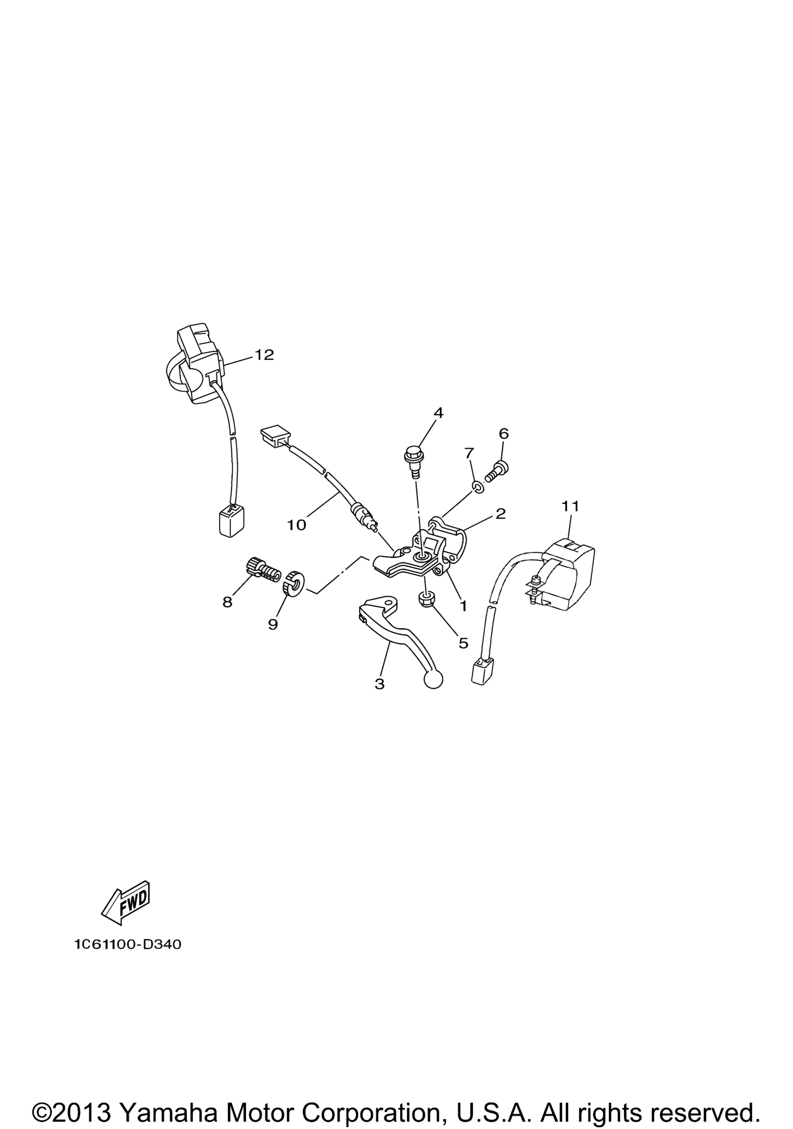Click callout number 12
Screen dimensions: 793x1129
pyautogui.click(x=264, y=355)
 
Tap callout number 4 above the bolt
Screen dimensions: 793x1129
pyautogui.click(x=438, y=413)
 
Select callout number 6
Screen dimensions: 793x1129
pyautogui.click(x=503, y=433)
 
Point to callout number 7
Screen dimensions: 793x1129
pyautogui.click(x=469, y=452)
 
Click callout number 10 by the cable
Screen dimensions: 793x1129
pyautogui.click(x=297, y=525)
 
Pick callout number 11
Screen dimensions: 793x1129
pyautogui.click(x=571, y=506)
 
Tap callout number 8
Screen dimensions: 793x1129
pyautogui.click(x=227, y=602)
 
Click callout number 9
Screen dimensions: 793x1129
pyautogui.click(x=273, y=624)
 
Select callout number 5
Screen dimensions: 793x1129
pyautogui.click(x=463, y=643)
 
